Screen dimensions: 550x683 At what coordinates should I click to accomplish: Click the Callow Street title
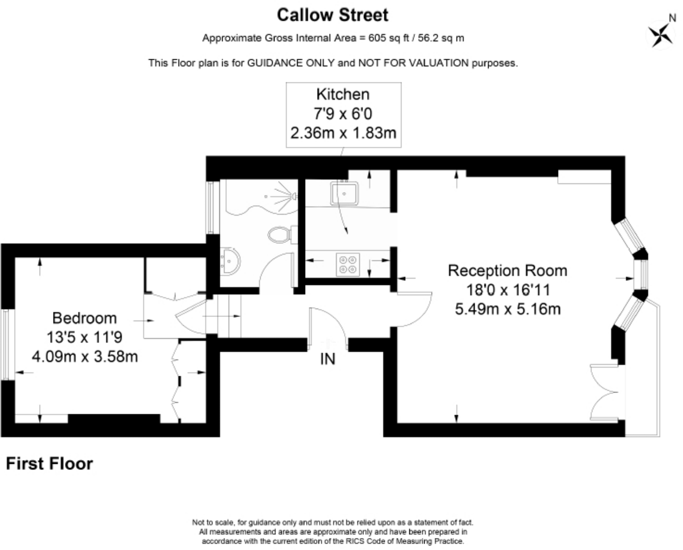332,15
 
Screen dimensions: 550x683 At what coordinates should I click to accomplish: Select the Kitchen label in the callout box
343,95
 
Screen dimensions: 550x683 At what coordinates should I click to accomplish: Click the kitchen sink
344,193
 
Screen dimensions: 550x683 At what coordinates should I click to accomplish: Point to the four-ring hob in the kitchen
348,264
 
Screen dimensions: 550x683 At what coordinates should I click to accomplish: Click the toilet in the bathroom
281,235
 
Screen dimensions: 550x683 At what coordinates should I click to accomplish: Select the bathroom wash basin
230,261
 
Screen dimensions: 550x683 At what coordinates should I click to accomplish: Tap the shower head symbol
294,196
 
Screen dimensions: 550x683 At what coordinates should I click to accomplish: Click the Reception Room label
507,271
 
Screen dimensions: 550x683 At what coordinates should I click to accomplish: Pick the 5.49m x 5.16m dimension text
507,309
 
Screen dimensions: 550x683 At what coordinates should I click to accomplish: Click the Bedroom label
84,318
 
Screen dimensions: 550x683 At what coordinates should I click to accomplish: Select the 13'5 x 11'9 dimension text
84,337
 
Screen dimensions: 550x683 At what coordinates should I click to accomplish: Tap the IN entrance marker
328,359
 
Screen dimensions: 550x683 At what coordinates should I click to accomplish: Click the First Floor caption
49,464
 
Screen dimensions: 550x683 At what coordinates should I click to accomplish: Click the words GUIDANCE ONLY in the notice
291,63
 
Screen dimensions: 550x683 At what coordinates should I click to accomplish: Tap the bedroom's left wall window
5,345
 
